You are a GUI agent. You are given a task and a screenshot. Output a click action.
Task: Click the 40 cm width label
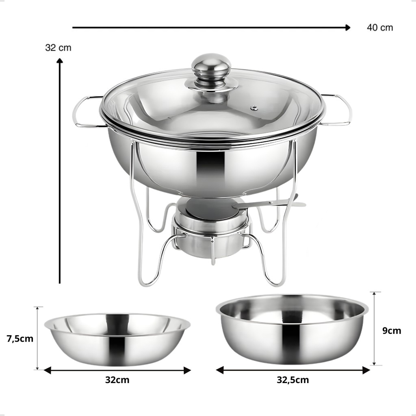[380, 28]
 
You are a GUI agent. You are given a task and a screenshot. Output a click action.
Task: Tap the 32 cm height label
[58, 48]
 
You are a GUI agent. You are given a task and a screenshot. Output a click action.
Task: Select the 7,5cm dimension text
[20, 339]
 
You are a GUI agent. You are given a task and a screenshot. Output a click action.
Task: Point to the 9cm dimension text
[392, 331]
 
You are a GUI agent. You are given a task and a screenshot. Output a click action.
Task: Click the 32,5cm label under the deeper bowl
[293, 380]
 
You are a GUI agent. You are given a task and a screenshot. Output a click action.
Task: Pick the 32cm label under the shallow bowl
[117, 380]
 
